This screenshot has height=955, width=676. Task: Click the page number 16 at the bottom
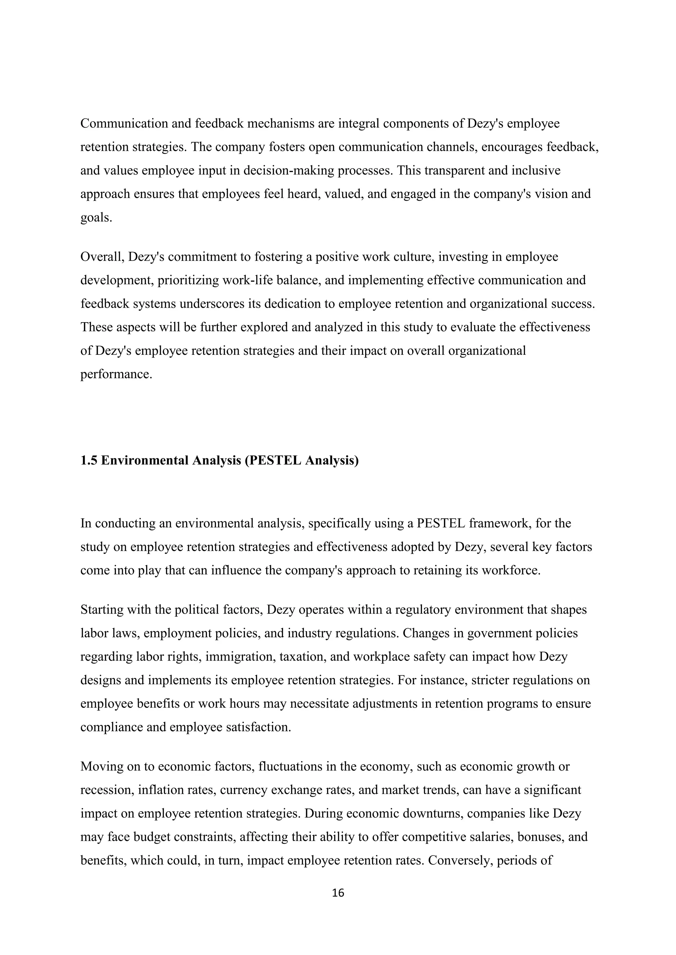tap(338, 893)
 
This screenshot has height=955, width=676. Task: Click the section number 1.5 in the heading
tap(89, 460)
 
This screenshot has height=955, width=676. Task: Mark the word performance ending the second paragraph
tap(115, 374)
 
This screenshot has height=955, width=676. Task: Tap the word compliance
tap(112, 727)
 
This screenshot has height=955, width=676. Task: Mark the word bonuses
tap(539, 837)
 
